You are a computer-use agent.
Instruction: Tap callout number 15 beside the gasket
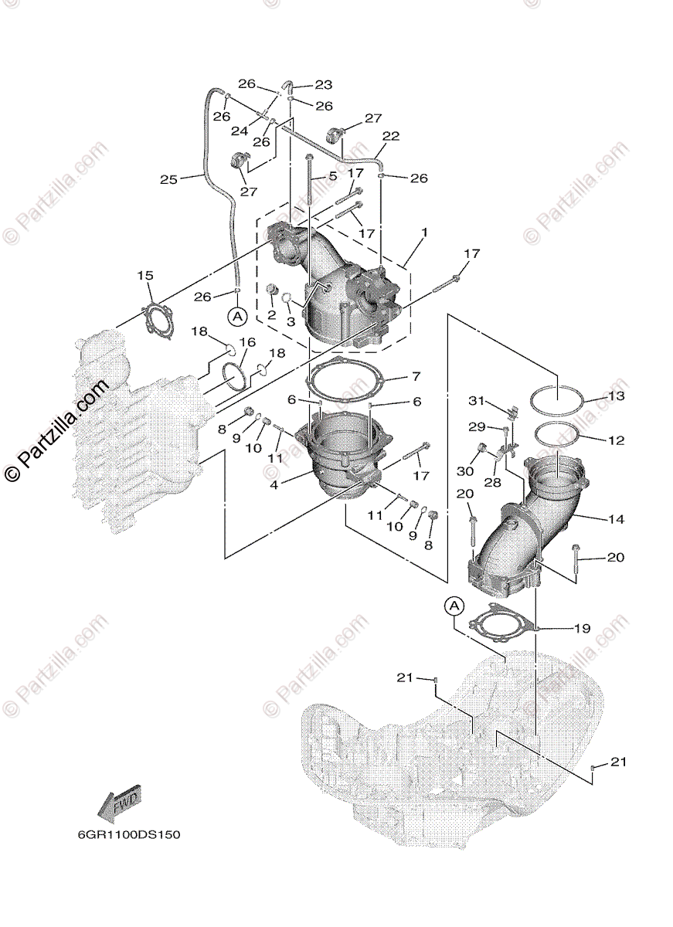coord(145,276)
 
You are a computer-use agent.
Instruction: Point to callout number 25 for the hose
coord(168,179)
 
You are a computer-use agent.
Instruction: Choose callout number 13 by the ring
coord(616,396)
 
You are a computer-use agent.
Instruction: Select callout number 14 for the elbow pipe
coord(616,520)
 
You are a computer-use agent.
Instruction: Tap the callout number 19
coord(583,629)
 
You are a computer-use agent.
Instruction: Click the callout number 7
coord(416,376)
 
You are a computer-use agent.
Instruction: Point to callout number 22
coord(391,136)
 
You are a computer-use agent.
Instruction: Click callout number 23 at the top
coord(323,85)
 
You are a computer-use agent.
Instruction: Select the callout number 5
coord(333,176)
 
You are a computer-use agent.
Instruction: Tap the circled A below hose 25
coord(236,316)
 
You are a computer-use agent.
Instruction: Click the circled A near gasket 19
coord(454,607)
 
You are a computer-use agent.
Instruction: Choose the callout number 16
coord(246,342)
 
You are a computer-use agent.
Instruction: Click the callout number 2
coord(272,314)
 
